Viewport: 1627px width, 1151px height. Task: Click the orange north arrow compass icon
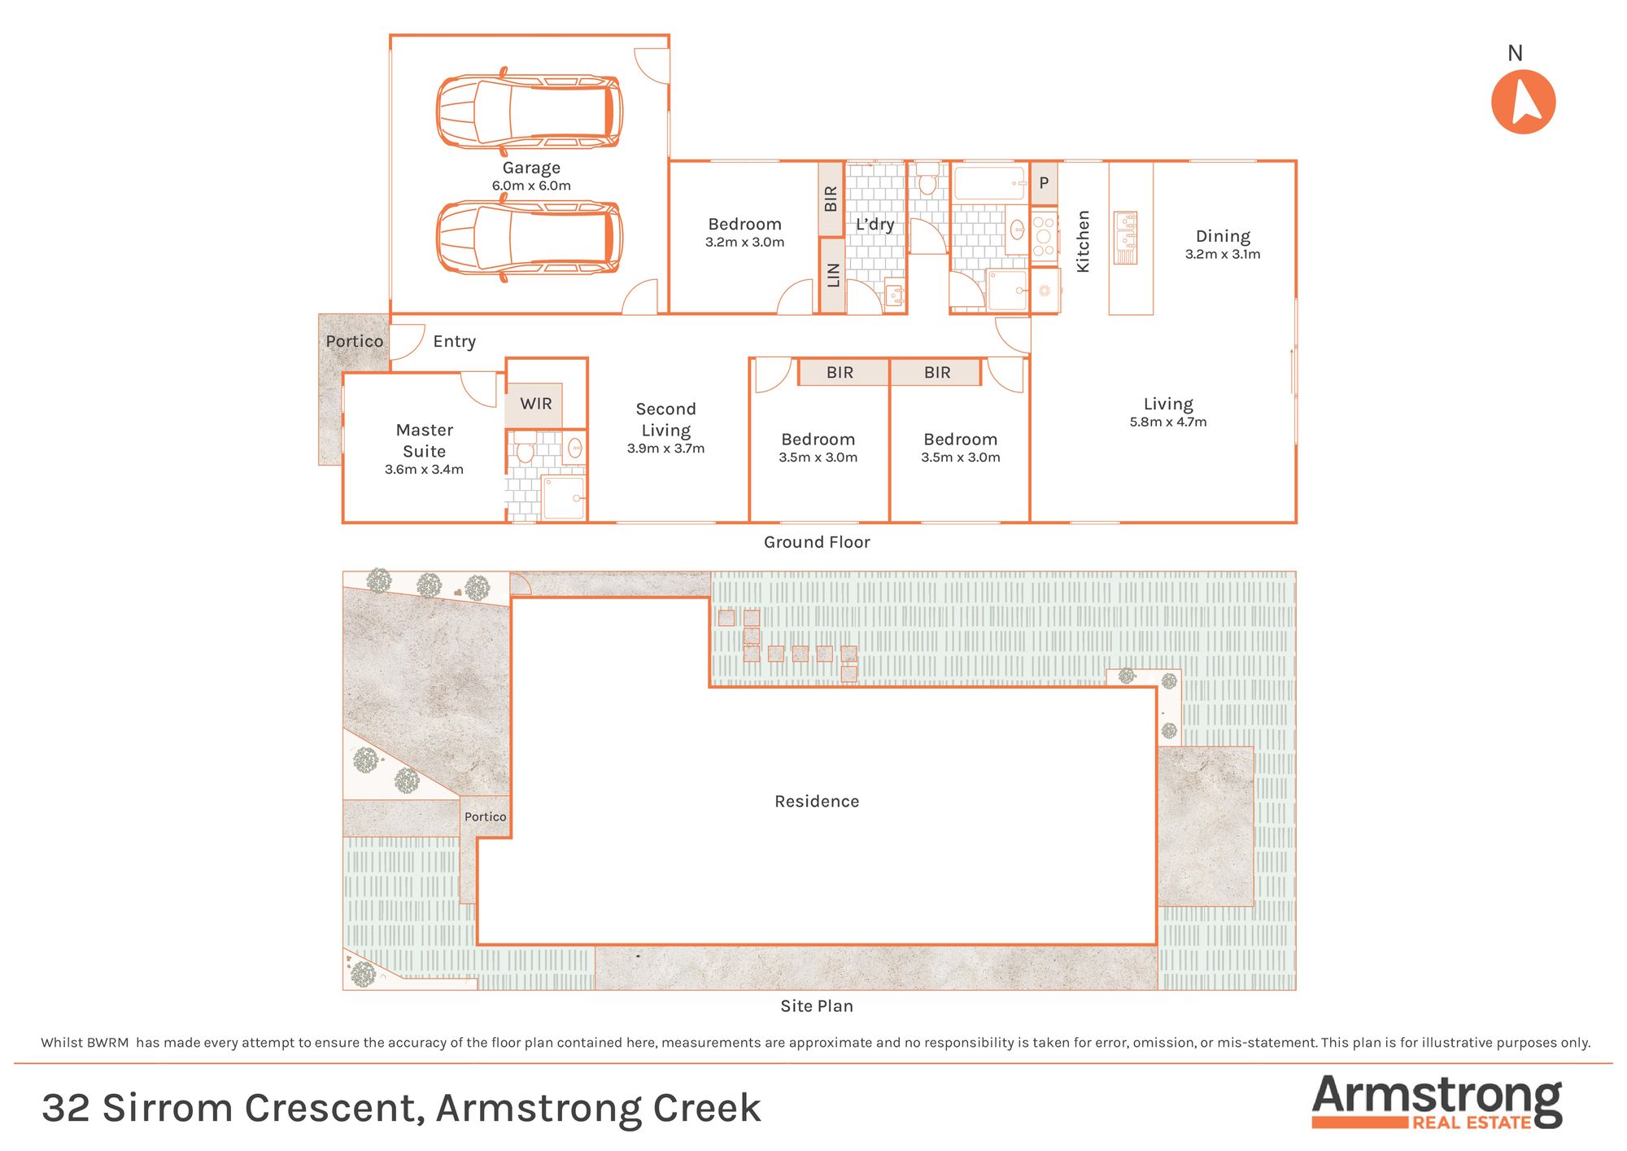point(1523,102)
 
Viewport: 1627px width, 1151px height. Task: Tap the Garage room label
point(531,168)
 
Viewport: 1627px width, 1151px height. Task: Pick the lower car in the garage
point(530,238)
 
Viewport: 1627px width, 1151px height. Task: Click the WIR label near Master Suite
point(536,404)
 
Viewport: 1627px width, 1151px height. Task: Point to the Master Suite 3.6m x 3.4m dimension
point(424,470)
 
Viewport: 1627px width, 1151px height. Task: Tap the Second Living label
point(665,419)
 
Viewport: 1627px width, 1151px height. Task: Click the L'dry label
point(875,224)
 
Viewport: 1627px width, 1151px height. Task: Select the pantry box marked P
point(1045,184)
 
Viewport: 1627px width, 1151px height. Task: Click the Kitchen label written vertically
point(1083,241)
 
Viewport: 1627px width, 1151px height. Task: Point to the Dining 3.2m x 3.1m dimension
point(1223,254)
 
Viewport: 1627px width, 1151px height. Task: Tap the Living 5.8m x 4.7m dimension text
point(1168,422)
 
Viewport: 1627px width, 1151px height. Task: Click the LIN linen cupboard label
point(833,275)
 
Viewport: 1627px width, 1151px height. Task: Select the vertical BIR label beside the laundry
point(831,199)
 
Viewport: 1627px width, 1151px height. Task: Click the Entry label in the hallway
point(454,342)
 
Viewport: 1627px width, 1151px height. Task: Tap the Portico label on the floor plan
point(354,341)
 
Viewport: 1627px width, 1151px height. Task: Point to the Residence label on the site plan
point(817,802)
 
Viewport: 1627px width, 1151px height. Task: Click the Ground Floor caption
point(817,542)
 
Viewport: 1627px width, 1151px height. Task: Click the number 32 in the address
point(66,1108)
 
